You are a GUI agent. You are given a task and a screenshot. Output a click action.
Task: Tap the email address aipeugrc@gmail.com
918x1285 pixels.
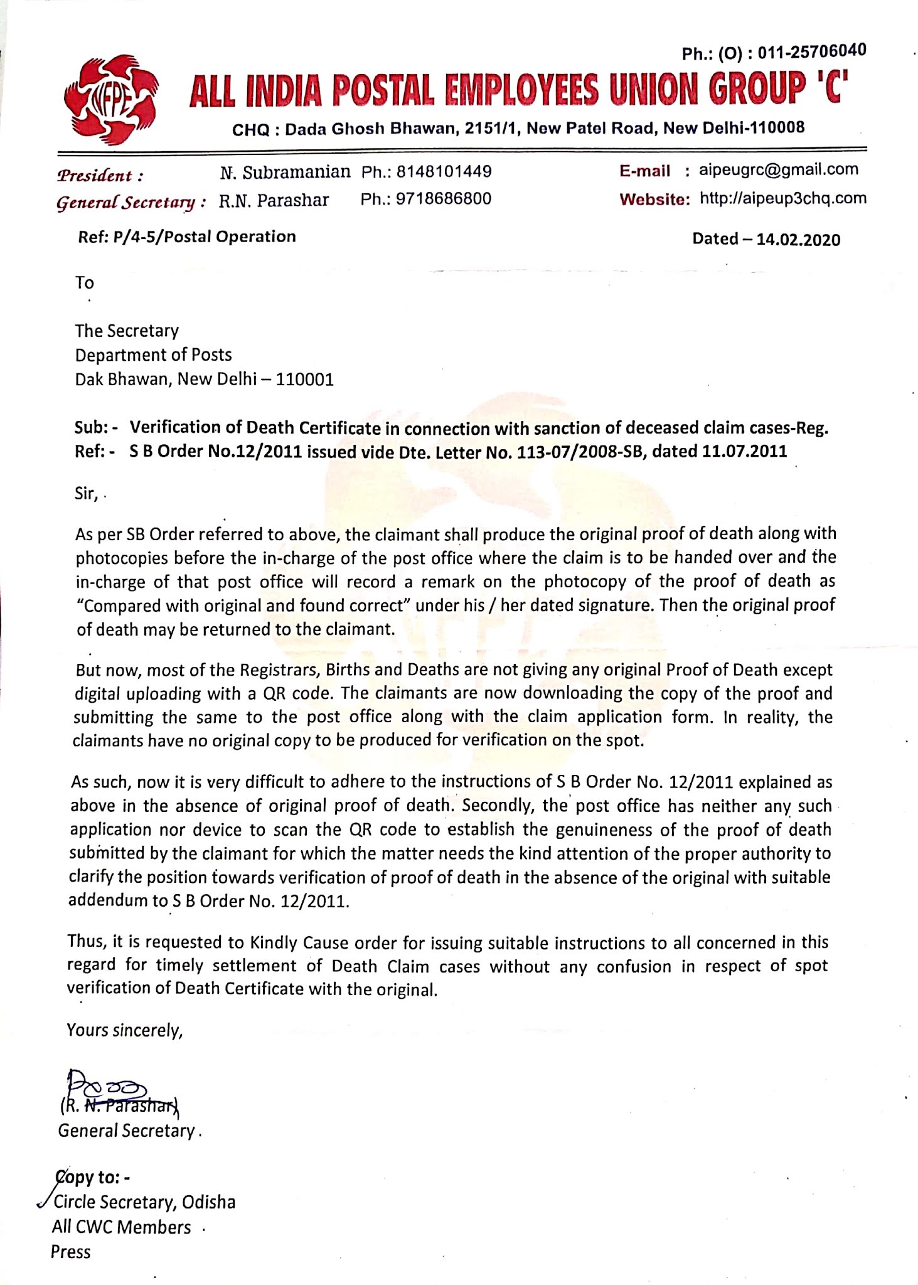[x=778, y=169]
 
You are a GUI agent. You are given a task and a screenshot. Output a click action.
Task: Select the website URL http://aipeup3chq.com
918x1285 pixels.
[x=782, y=199]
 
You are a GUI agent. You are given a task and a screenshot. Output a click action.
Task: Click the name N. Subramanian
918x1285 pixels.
[x=285, y=172]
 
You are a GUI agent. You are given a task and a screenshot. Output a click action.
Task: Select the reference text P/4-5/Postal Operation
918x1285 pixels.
[x=204, y=237]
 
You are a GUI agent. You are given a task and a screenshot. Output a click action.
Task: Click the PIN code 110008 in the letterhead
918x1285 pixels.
[x=777, y=128]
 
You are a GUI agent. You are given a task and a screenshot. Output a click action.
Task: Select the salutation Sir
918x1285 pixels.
[x=85, y=493]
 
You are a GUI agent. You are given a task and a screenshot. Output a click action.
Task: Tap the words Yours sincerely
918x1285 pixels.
[x=124, y=1031]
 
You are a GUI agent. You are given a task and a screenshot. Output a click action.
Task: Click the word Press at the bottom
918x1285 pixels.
[x=70, y=1252]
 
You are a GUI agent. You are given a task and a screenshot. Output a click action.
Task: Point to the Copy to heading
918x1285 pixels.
[x=92, y=1177]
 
